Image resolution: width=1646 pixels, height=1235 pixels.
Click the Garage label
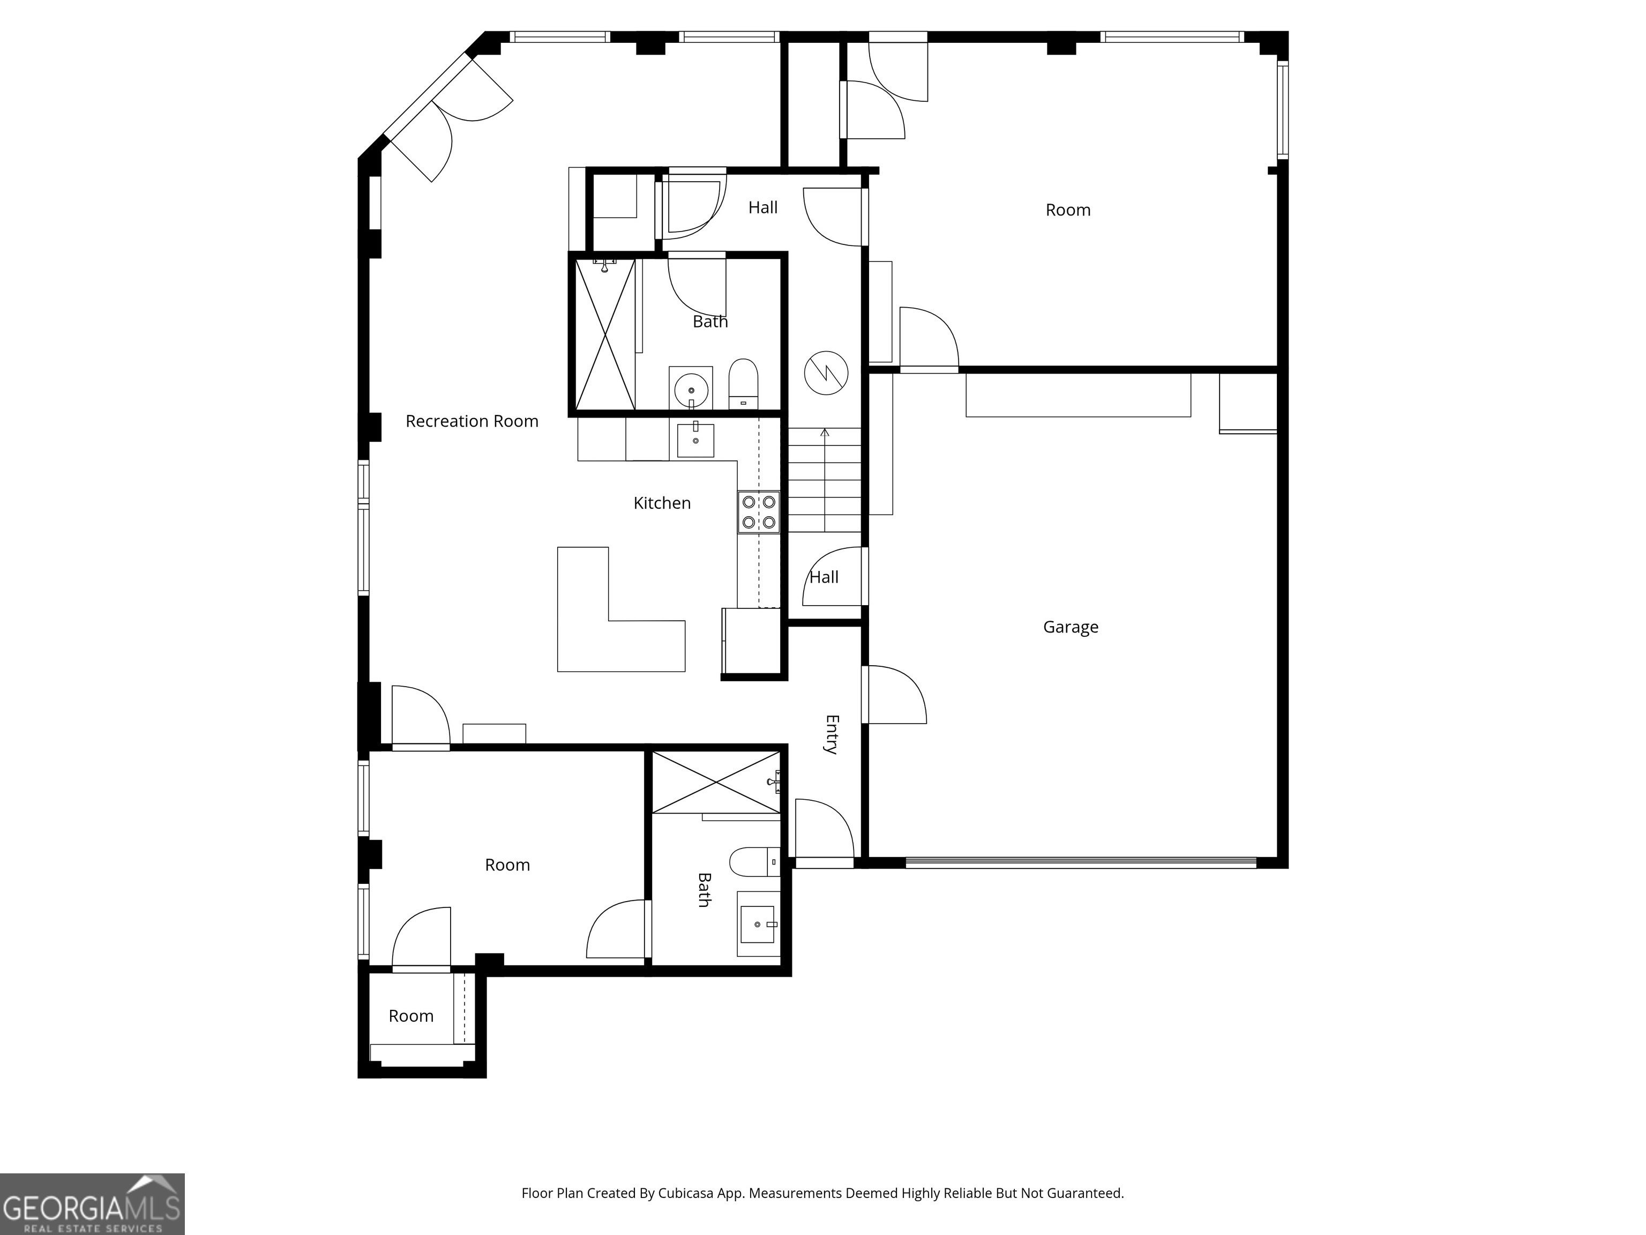(1070, 628)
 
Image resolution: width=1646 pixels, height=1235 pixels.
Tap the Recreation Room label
(472, 421)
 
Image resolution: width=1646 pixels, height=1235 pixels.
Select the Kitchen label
(662, 503)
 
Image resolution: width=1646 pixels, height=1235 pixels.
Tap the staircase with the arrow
(825, 480)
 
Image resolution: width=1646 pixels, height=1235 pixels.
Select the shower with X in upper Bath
(605, 334)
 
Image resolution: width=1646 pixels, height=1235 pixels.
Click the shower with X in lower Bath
(716, 783)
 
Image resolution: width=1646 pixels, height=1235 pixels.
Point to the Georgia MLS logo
(92, 1204)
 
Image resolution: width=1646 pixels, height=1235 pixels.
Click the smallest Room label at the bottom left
(411, 1016)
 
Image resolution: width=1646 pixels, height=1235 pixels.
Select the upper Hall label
(763, 207)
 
